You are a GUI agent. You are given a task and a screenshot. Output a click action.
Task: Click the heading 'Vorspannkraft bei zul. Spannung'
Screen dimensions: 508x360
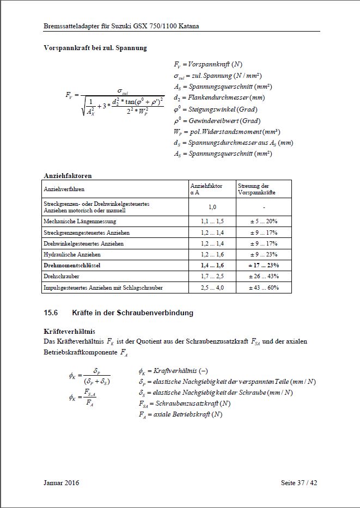pyautogui.click(x=95, y=48)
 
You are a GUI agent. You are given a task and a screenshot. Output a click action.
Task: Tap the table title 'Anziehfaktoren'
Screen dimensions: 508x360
pyautogui.click(x=68, y=176)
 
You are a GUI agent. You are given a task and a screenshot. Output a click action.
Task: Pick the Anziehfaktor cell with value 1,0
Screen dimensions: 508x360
pyautogui.click(x=212, y=207)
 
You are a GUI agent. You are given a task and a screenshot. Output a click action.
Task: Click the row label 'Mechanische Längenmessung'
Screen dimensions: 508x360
pyautogui.click(x=80, y=222)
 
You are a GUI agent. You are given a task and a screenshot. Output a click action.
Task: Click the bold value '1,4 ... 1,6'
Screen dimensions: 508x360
pyautogui.click(x=212, y=265)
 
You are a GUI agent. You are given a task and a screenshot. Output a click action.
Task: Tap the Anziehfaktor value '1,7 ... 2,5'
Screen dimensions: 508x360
pyautogui.click(x=212, y=276)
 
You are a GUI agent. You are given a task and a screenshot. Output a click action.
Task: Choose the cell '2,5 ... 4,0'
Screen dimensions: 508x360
pyautogui.click(x=212, y=287)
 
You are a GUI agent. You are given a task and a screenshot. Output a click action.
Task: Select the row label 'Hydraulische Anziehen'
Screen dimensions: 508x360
pyautogui.click(x=72, y=254)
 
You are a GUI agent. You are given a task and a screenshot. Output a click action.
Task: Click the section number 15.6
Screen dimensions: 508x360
pyautogui.click(x=51, y=313)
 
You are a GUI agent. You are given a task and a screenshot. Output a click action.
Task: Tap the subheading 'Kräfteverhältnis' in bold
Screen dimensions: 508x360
pyautogui.click(x=69, y=330)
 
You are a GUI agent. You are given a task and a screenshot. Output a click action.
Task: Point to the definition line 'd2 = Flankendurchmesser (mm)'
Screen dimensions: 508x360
pyautogui.click(x=219, y=97)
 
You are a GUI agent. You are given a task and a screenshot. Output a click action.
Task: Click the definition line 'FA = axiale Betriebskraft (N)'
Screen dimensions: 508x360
pyautogui.click(x=180, y=415)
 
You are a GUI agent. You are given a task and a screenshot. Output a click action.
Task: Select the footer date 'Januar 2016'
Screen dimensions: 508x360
pyautogui.click(x=62, y=482)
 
